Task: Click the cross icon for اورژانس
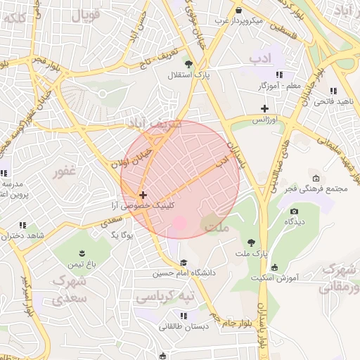tap(264, 108)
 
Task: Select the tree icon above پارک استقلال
tap(187, 63)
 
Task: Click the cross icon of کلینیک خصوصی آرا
tap(143, 195)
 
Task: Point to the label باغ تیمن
tap(81, 264)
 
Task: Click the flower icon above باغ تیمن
tap(81, 252)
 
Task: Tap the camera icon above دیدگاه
tap(294, 211)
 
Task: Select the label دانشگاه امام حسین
tap(184, 273)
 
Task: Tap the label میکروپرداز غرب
tap(238, 21)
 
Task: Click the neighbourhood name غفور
tap(63, 171)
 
